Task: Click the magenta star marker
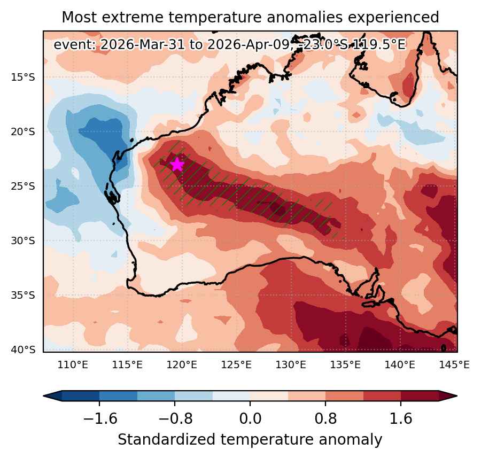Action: (x=177, y=164)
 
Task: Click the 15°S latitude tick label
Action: (x=23, y=77)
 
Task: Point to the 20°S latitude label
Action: (x=23, y=132)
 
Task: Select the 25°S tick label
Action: (x=23, y=186)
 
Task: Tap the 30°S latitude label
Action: (x=23, y=241)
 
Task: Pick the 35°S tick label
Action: (x=23, y=295)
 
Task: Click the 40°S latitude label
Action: (x=23, y=350)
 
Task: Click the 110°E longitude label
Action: (x=73, y=365)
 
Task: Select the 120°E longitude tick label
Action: (x=182, y=365)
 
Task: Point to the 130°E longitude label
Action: (x=291, y=365)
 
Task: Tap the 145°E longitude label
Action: (x=454, y=365)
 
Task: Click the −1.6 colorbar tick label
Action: (x=100, y=418)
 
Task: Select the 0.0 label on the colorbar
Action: (x=250, y=418)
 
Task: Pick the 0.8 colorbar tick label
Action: (x=325, y=418)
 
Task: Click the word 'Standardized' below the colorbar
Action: (x=166, y=440)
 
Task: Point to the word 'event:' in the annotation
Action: (x=75, y=45)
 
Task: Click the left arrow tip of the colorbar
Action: (x=44, y=395)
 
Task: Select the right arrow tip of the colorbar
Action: (x=457, y=395)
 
